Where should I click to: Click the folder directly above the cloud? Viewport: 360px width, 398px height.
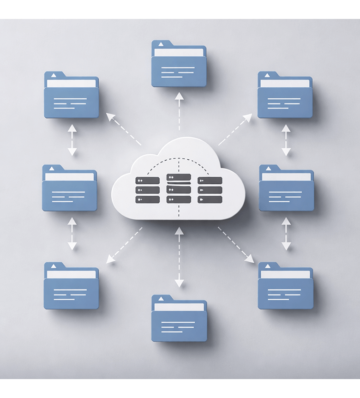tap(179, 64)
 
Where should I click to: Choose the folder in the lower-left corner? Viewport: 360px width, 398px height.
tap(72, 286)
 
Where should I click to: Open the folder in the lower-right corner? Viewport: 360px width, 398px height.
tap(285, 286)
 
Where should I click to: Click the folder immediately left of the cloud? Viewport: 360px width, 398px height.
tap(70, 189)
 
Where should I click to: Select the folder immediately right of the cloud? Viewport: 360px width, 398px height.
tap(286, 189)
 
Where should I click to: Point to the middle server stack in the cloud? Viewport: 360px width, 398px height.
tap(179, 188)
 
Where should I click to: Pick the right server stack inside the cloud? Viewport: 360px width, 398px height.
tap(210, 190)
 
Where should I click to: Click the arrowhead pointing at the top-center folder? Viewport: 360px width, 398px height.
tap(180, 96)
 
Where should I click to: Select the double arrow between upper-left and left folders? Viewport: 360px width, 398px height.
tap(72, 139)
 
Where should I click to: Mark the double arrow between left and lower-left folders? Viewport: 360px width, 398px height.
tap(72, 234)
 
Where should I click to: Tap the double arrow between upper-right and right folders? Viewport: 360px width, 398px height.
tap(286, 139)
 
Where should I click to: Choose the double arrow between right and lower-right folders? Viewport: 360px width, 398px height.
tap(286, 234)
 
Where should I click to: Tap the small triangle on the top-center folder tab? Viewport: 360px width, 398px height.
tap(161, 44)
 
